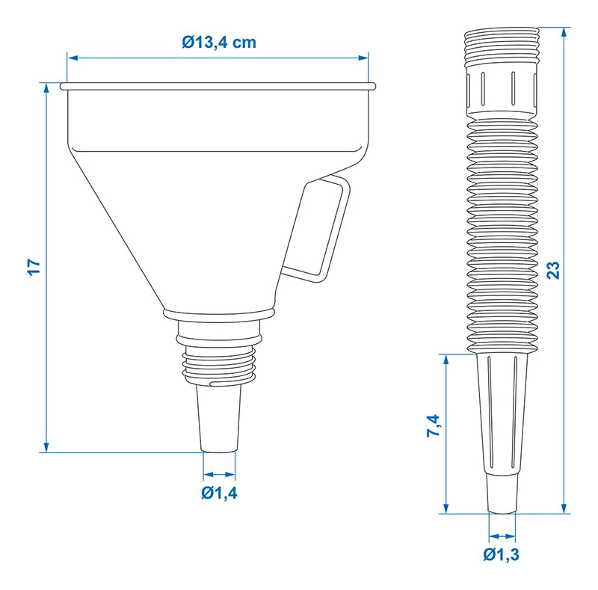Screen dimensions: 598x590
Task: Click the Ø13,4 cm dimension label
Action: (219, 42)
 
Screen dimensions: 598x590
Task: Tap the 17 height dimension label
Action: (34, 267)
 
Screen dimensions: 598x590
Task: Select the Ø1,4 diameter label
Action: (219, 493)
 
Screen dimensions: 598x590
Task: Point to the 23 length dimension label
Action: (554, 270)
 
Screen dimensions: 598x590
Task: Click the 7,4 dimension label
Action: (434, 426)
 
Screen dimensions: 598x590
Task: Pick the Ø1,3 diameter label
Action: (501, 555)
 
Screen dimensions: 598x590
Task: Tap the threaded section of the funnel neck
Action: (218, 365)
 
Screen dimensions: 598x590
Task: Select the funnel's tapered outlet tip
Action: (219, 418)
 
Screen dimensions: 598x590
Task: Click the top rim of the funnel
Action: (218, 86)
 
